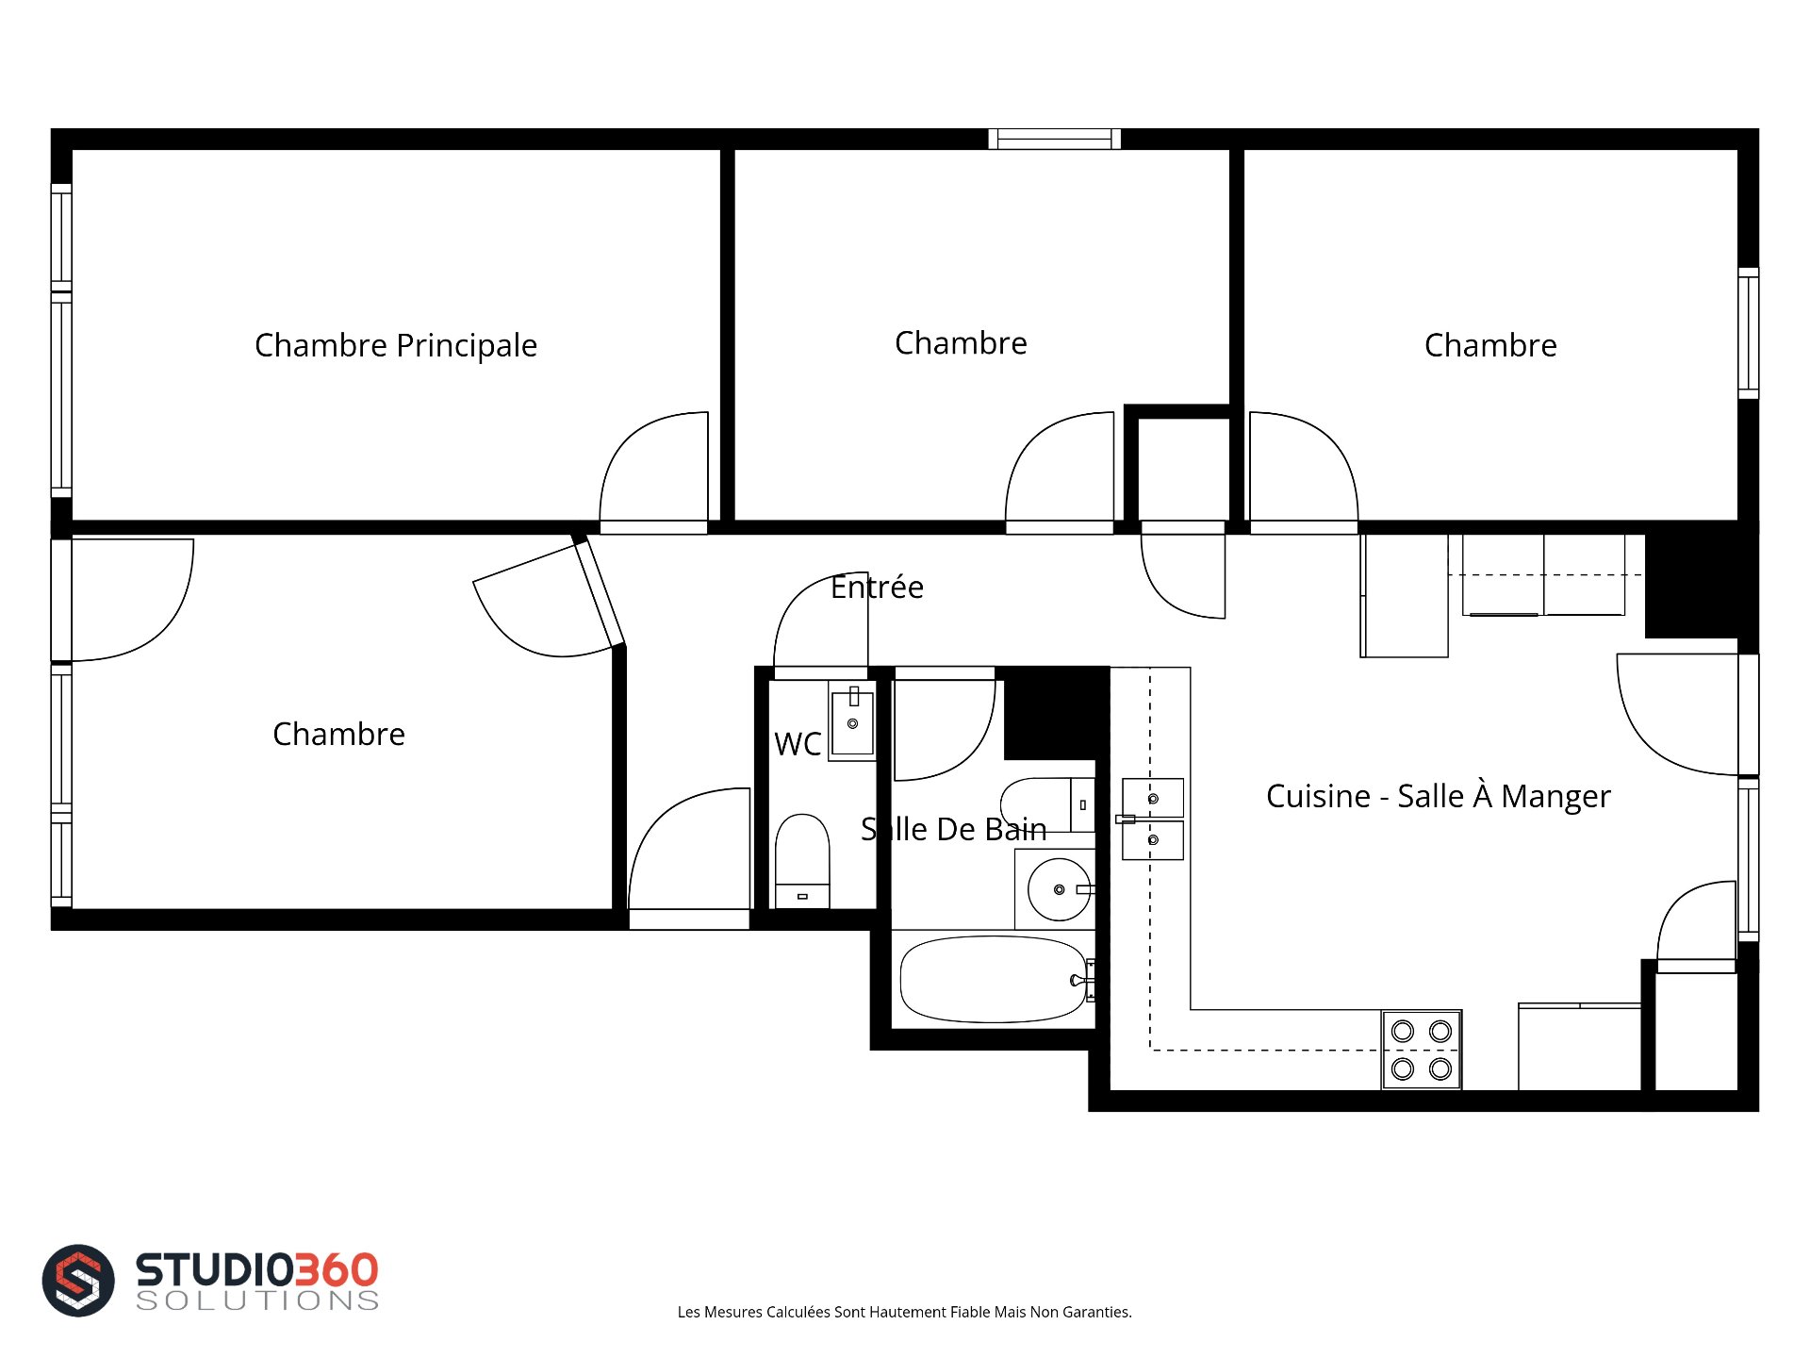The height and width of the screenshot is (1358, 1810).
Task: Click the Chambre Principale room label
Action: tap(396, 345)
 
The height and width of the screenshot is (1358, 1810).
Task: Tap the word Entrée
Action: tap(877, 587)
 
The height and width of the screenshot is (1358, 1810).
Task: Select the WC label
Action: tap(798, 744)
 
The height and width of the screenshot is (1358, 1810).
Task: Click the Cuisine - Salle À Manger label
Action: tap(1439, 796)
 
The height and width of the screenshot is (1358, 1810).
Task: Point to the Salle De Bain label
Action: tap(954, 829)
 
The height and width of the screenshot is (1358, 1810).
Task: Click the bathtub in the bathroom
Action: tap(994, 979)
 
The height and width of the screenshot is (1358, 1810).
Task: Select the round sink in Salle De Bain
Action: tap(1059, 889)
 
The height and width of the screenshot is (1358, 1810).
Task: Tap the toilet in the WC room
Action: tap(802, 861)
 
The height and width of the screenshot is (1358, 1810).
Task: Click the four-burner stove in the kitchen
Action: tap(1422, 1050)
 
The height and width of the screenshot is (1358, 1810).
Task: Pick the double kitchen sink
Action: tap(1152, 819)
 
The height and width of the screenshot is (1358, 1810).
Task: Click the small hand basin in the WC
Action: tap(852, 721)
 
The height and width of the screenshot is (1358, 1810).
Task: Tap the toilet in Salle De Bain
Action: tap(1046, 805)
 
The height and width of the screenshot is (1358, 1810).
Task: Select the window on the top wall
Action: tap(1054, 140)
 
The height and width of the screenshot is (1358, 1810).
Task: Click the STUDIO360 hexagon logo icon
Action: tap(78, 1280)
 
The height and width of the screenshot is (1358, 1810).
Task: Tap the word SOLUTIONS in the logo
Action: tap(257, 1300)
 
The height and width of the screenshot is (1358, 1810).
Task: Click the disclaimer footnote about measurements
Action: tap(905, 1312)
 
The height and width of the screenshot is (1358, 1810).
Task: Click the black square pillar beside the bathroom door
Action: tap(1055, 712)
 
